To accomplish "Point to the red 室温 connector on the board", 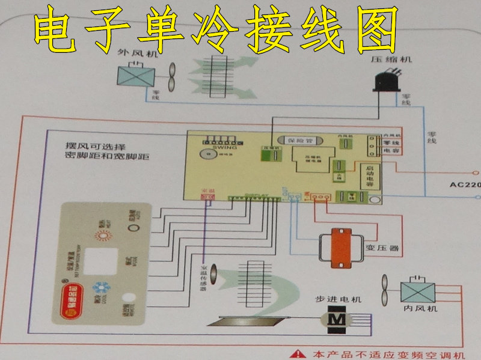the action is [207, 196].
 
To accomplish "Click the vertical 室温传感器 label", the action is [203, 278].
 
